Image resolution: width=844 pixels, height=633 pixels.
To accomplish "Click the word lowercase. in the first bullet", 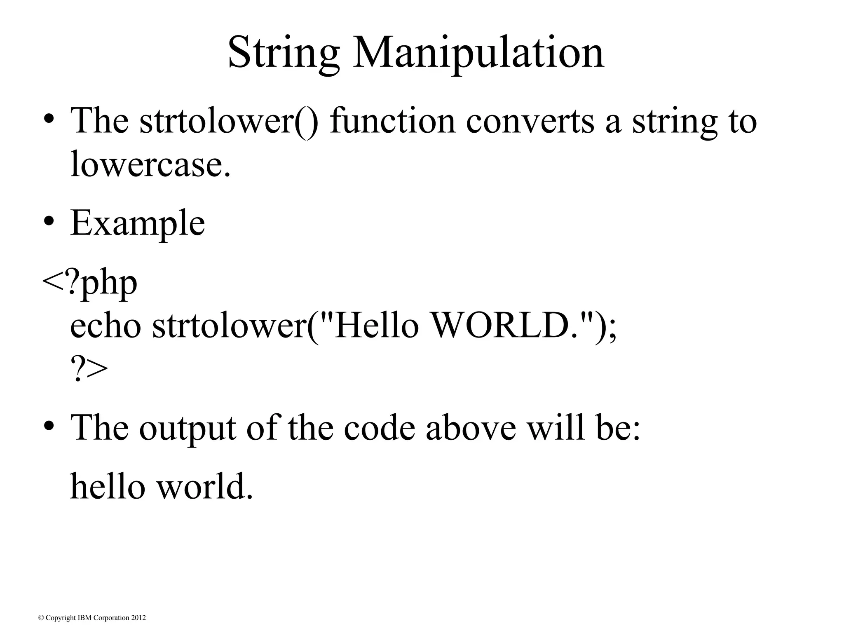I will tap(150, 164).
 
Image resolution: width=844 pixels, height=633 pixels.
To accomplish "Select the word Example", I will tap(138, 224).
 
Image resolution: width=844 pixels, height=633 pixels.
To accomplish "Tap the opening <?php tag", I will tap(89, 283).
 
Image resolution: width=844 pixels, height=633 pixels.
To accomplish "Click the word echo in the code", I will tap(105, 326).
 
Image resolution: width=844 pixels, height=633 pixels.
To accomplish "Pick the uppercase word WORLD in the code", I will tap(501, 326).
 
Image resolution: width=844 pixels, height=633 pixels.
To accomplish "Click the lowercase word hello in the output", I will tap(108, 486).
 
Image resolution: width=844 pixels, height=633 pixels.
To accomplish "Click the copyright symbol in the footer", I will tap(41, 618).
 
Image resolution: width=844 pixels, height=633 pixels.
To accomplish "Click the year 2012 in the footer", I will tap(138, 618).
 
